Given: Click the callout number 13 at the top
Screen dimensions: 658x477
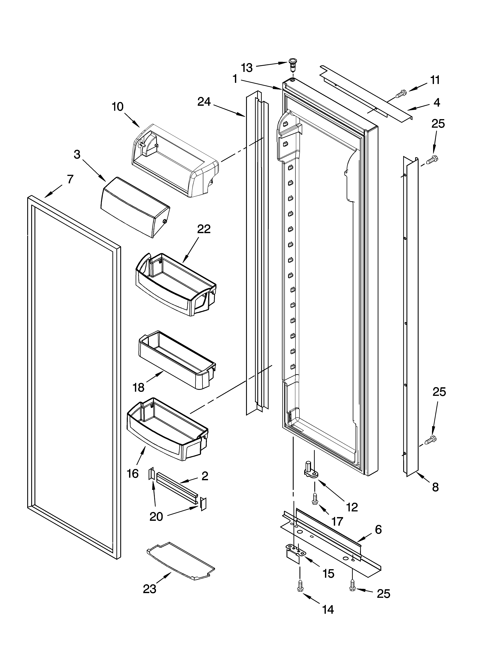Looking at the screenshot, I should point(247,68).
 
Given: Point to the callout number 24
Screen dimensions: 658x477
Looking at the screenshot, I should point(204,102).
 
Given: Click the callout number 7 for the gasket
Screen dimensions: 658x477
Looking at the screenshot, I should point(70,179).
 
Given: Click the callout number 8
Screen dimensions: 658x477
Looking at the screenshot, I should point(435,487).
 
